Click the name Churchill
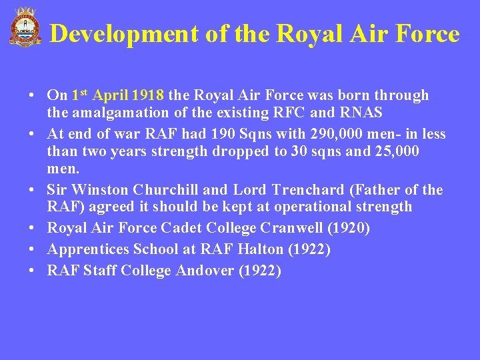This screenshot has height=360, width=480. pyautogui.click(x=163, y=191)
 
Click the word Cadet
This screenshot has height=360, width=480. pyautogui.click(x=181, y=228)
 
